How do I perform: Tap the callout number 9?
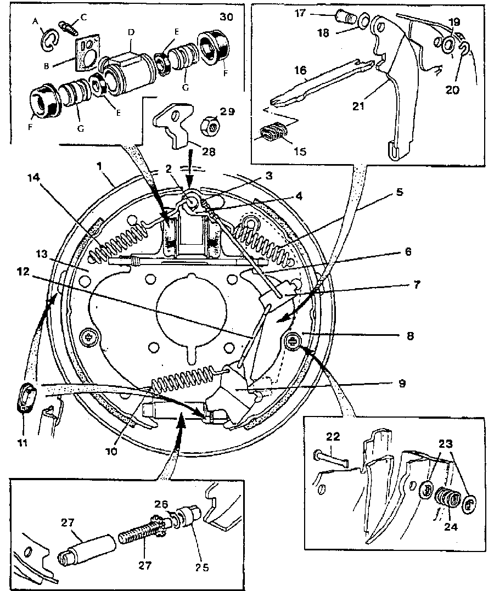pyautogui.click(x=402, y=384)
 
